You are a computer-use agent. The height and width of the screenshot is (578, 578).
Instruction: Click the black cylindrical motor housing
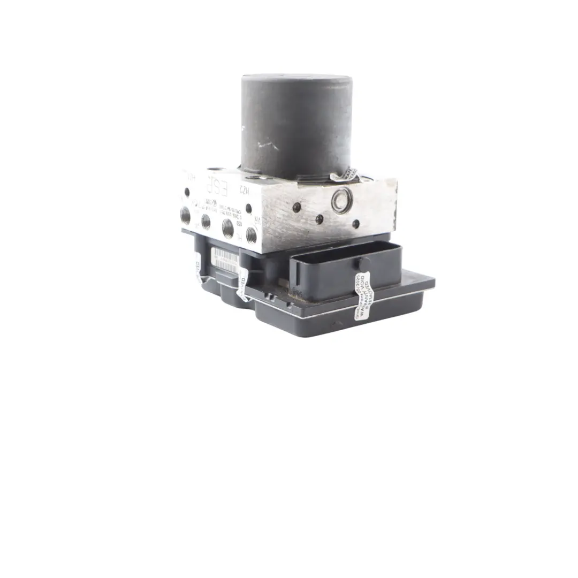[296, 126]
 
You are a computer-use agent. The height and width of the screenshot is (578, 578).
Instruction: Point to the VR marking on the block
[256, 220]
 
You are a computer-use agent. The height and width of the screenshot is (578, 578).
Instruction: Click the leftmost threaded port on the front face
[185, 215]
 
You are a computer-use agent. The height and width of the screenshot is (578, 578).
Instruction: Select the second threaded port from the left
[206, 221]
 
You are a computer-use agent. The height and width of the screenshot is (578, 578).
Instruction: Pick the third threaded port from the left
[227, 227]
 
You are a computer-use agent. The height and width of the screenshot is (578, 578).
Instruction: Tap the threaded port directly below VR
[251, 234]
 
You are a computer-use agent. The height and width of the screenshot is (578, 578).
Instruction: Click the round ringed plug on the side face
[341, 200]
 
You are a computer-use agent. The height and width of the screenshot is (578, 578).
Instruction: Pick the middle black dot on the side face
[320, 219]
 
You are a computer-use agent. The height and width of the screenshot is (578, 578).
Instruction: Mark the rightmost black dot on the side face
[355, 224]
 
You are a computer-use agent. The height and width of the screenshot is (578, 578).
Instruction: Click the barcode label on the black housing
[225, 260]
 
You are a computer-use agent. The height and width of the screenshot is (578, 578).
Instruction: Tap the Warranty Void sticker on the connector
[362, 295]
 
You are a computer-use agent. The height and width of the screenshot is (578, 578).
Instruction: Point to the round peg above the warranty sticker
[364, 264]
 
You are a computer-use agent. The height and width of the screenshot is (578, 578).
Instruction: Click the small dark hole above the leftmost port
[187, 192]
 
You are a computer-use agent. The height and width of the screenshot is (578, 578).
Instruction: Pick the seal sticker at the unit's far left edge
[198, 268]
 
